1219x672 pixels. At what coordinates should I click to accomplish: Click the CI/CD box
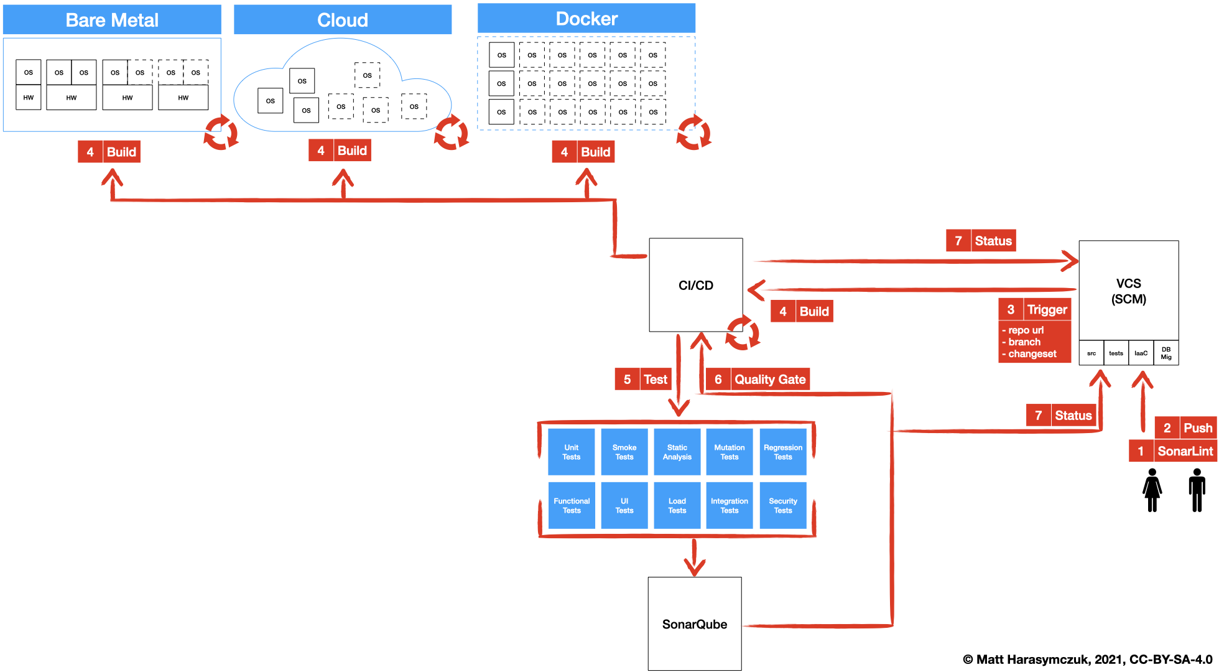click(695, 285)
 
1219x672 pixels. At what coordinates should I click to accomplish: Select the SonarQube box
click(694, 623)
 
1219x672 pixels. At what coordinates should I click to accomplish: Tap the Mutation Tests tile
click(730, 452)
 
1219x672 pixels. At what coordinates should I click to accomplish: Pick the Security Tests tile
click(782, 505)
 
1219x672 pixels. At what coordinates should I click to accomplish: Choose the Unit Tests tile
click(571, 452)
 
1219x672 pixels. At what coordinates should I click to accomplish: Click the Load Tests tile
click(677, 505)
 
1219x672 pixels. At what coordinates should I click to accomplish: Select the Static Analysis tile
click(677, 452)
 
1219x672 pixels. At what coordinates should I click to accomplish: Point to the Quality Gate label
click(769, 379)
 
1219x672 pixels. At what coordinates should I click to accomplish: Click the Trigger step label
click(1046, 309)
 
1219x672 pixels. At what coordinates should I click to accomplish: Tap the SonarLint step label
click(1184, 451)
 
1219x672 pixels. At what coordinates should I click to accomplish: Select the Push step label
click(1197, 427)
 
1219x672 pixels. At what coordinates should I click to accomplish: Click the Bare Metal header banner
click(112, 20)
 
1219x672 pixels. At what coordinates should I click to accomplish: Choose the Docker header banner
click(586, 19)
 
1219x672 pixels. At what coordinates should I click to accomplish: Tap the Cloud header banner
click(342, 20)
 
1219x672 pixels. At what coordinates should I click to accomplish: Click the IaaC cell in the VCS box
click(1141, 353)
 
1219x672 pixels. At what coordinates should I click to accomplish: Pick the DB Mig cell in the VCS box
click(1166, 353)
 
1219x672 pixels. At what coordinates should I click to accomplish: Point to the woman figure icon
click(1152, 490)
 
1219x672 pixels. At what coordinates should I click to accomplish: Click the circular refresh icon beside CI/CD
click(742, 333)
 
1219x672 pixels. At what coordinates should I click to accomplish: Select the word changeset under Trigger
click(1032, 353)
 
